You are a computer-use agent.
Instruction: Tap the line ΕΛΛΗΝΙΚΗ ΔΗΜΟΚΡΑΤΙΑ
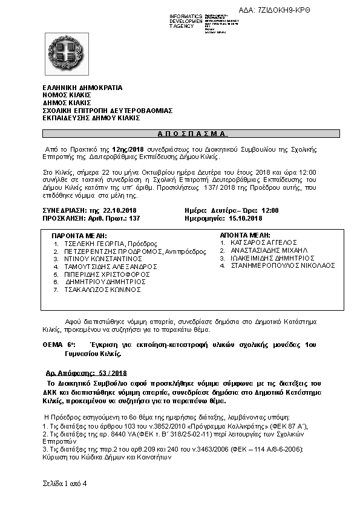click(82, 88)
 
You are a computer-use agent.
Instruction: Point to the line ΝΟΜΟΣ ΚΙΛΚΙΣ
click(67, 96)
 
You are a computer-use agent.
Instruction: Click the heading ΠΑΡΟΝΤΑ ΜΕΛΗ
click(79, 235)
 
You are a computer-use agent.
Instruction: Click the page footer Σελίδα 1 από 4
click(65, 484)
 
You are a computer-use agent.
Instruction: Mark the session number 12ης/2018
click(131, 149)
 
